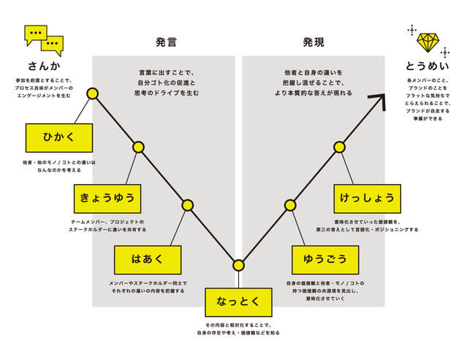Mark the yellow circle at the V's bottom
[x=238, y=265]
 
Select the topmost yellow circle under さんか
[x=92, y=93]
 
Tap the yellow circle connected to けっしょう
[x=339, y=147]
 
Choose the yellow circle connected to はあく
[x=188, y=205]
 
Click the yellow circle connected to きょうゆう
[x=139, y=147]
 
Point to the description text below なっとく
[x=238, y=329]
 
